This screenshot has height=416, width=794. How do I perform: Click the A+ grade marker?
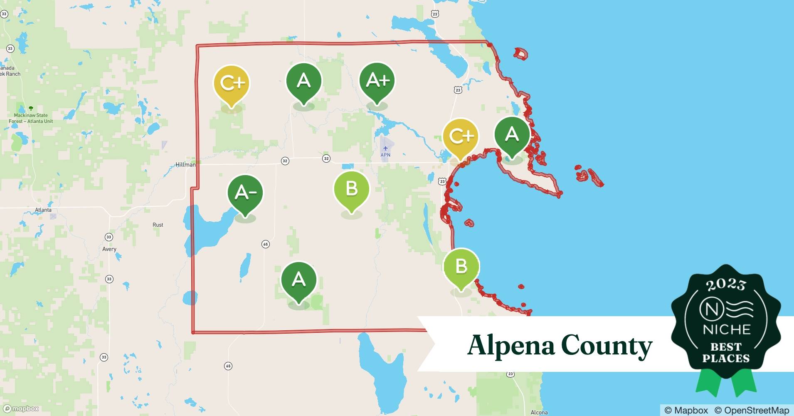pyautogui.click(x=377, y=81)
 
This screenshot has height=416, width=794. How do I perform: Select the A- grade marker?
pyautogui.click(x=245, y=193)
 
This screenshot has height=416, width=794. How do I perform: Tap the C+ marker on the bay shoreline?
pyautogui.click(x=461, y=136)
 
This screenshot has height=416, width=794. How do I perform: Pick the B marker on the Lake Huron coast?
pyautogui.click(x=461, y=266)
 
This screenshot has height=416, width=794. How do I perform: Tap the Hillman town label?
pyautogui.click(x=185, y=165)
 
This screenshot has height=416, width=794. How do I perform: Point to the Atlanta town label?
pyautogui.click(x=43, y=210)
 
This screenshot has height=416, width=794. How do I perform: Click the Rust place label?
pyautogui.click(x=158, y=225)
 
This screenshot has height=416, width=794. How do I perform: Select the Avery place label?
pyautogui.click(x=109, y=249)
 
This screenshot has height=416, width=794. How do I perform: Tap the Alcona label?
pyautogui.click(x=539, y=413)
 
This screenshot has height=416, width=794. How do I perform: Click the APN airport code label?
pyautogui.click(x=385, y=155)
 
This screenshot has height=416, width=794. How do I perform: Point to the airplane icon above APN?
pyautogui.click(x=385, y=148)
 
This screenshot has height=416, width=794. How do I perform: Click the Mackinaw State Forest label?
pyautogui.click(x=31, y=118)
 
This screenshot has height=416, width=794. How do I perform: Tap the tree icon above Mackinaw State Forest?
pyautogui.click(x=30, y=108)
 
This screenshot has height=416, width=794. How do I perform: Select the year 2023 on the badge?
pyautogui.click(x=726, y=285)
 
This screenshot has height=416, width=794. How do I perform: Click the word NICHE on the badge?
pyautogui.click(x=727, y=330)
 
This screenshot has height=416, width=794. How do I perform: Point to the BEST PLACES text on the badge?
pyautogui.click(x=726, y=352)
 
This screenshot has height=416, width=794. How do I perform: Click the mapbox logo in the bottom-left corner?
pyautogui.click(x=21, y=409)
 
